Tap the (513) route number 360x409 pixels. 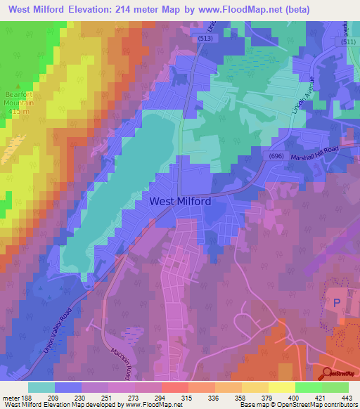pyautogui.click(x=205, y=39)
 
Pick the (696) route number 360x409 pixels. pyautogui.click(x=276, y=156)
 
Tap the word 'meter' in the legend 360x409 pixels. pyautogui.click(x=9, y=398)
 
